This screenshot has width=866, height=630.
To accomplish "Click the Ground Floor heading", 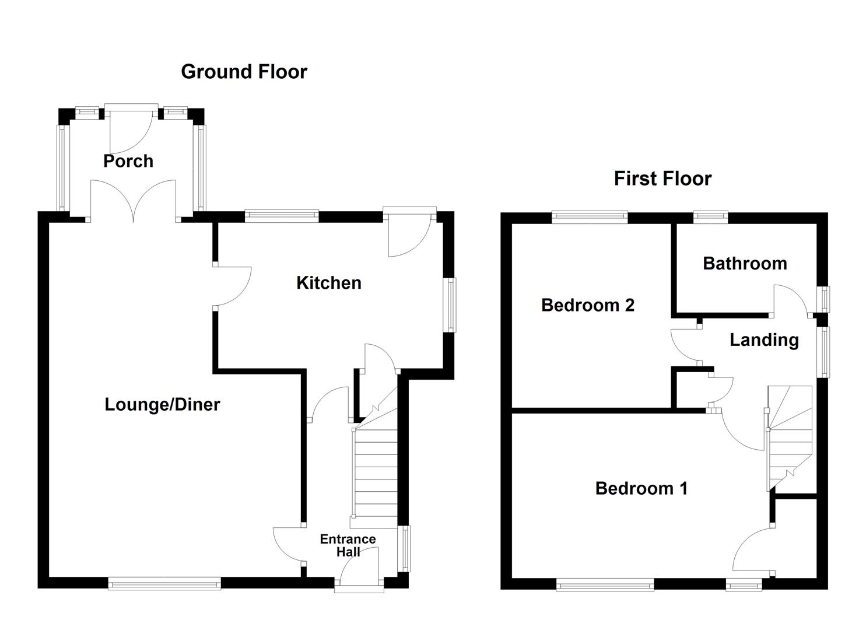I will pos(244,72).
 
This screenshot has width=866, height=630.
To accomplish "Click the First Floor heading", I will pos(662,178).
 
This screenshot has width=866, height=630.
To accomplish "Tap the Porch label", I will pos(128,161).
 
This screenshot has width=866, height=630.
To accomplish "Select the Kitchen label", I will pos(329,283).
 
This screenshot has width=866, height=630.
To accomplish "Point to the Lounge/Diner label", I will pos(162,404).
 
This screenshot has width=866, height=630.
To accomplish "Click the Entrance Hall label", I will pos(348,545).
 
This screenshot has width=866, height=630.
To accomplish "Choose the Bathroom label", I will pos(745,263).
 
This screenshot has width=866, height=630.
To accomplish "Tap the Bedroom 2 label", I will pos(587,305).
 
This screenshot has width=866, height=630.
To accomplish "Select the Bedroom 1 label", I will pos(641,488).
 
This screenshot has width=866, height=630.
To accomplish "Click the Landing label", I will pos(764,339).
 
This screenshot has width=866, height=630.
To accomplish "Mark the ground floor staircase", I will pos(374,473).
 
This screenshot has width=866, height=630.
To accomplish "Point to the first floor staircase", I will pos(790,437).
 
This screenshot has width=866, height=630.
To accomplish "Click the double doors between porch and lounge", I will pos(134,201).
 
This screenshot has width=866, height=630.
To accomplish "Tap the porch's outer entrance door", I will pos(131,128).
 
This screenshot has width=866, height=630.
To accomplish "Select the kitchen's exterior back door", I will pos(409,233).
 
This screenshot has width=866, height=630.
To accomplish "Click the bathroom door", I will pos(790,300).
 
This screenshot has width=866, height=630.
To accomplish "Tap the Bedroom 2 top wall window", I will pos(590,217).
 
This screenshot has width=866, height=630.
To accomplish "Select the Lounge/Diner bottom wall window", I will pos(164,583).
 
